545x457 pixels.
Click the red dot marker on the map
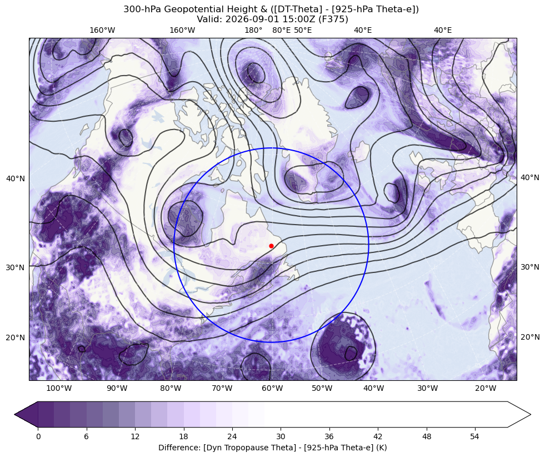click(x=271, y=246)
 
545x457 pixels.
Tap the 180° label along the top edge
click(x=253, y=30)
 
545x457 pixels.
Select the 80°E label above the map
click(x=281, y=30)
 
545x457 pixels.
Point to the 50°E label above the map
click(x=303, y=30)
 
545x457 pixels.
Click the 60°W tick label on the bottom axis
click(x=272, y=388)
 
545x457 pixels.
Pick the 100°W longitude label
click(x=59, y=388)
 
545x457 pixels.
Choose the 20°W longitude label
click(x=486, y=388)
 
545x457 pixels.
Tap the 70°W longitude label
click(x=222, y=388)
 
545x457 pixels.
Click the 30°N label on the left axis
click(x=16, y=267)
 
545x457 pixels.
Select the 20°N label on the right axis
click(x=529, y=337)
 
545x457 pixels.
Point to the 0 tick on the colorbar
click(x=38, y=436)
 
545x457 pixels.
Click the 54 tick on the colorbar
click(x=475, y=436)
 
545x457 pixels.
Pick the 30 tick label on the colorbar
click(x=281, y=436)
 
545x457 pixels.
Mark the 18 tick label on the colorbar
click(x=183, y=436)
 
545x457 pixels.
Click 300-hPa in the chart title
click(x=142, y=9)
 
